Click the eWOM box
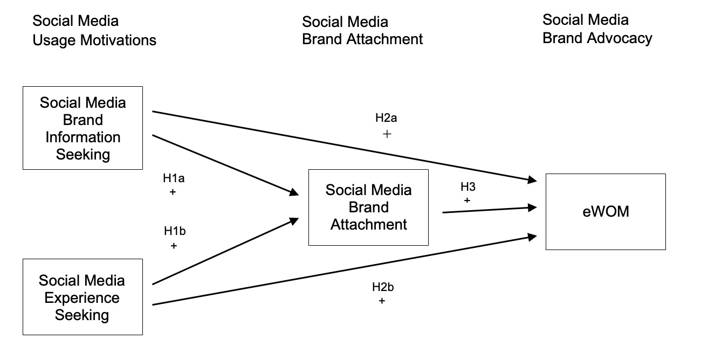pos(606,212)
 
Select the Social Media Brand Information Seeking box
pos(83,128)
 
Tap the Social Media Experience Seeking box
pos(83,297)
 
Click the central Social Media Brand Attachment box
pos(368,207)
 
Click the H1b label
pos(175,232)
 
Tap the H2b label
pos(383,287)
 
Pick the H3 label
pos(468,187)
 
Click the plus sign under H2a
pos(386,134)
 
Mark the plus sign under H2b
pos(382,301)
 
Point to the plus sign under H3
pos(467,200)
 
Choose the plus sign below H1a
pos(173,191)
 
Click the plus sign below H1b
pos(174,246)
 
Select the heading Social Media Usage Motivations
pos(94,30)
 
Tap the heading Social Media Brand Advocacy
pos(597,29)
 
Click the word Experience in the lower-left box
pos(83,297)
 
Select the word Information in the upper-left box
pos(83,137)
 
